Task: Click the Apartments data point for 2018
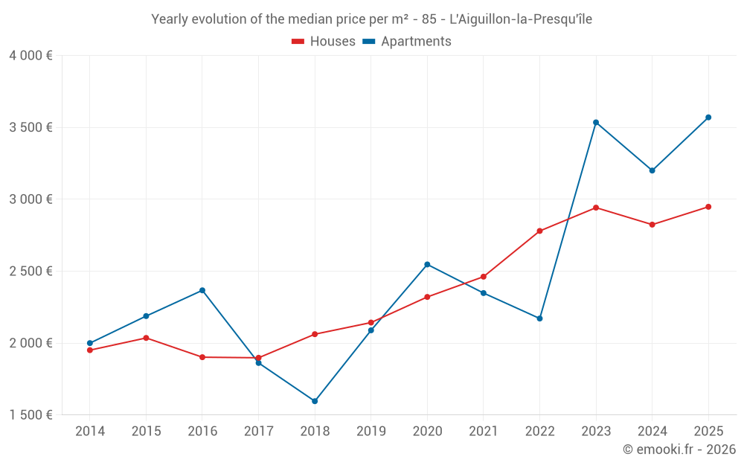pos(315,401)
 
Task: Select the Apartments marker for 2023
pos(596,122)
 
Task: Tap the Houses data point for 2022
pos(539,231)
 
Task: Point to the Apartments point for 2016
pos(202,290)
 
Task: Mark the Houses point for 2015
pos(146,338)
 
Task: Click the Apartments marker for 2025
pos(708,118)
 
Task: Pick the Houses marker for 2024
pos(652,225)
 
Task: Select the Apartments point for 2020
pos(427,264)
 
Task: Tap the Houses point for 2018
pos(315,334)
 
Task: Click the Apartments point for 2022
pos(539,318)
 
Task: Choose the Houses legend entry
pos(324,42)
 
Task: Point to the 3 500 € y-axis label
pos(31,127)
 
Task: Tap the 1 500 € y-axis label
pos(31,415)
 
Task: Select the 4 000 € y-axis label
pos(31,56)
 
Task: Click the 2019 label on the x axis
pos(371,431)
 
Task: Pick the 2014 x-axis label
pos(90,431)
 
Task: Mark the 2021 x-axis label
pos(484,431)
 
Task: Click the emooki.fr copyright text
pos(679,449)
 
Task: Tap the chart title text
pos(371,19)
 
